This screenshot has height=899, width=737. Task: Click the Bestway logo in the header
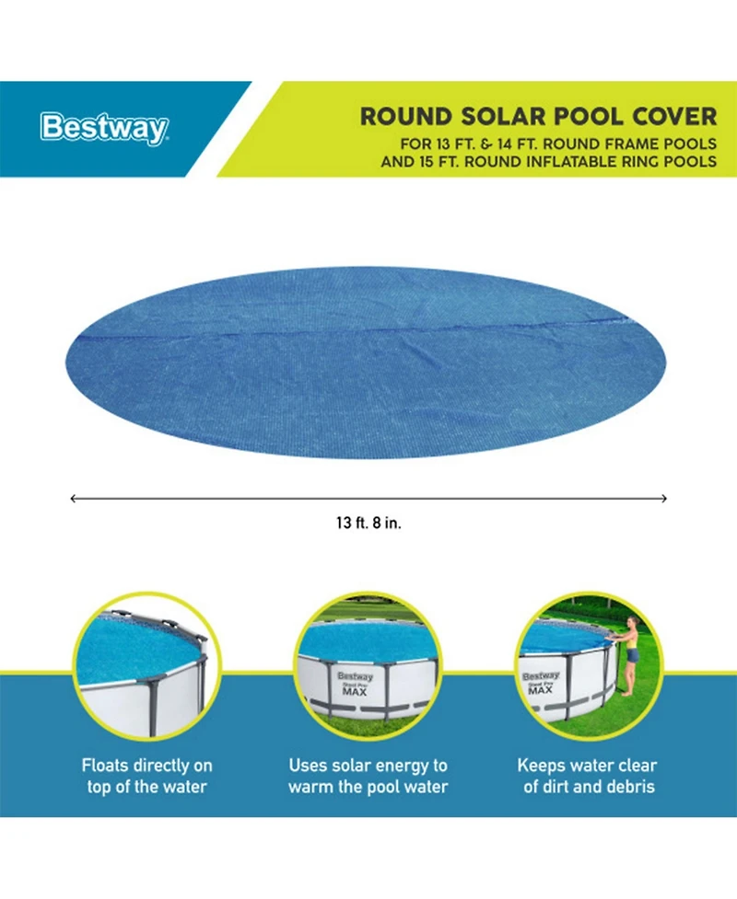click(103, 128)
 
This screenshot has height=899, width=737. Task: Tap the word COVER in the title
click(676, 117)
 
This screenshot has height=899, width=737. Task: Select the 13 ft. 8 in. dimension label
click(368, 523)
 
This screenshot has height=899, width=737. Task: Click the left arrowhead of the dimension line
click(74, 498)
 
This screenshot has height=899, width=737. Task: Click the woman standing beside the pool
click(631, 654)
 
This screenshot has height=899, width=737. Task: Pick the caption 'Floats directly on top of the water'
click(147, 776)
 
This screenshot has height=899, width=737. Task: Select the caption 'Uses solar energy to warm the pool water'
click(368, 776)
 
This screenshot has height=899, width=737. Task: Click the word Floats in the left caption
click(106, 766)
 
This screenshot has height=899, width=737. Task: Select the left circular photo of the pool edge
click(147, 665)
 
